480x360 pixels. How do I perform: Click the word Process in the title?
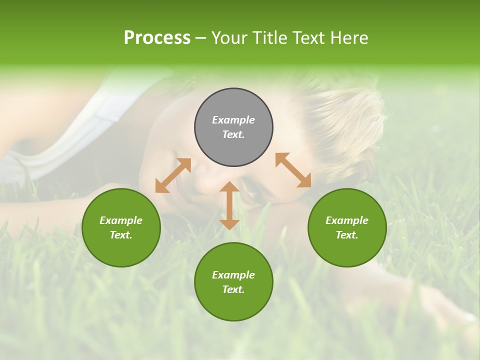click(157, 38)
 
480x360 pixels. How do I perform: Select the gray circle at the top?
click(233, 106)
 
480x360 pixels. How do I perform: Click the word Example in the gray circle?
click(233, 120)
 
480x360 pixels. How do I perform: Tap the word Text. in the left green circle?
click(121, 235)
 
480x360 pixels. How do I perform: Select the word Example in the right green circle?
click(347, 220)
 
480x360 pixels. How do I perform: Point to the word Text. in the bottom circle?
click(233, 289)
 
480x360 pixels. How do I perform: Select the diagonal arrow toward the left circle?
click(173, 175)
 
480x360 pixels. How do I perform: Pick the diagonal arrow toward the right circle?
click(293, 170)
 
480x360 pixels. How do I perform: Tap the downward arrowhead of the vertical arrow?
click(229, 223)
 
